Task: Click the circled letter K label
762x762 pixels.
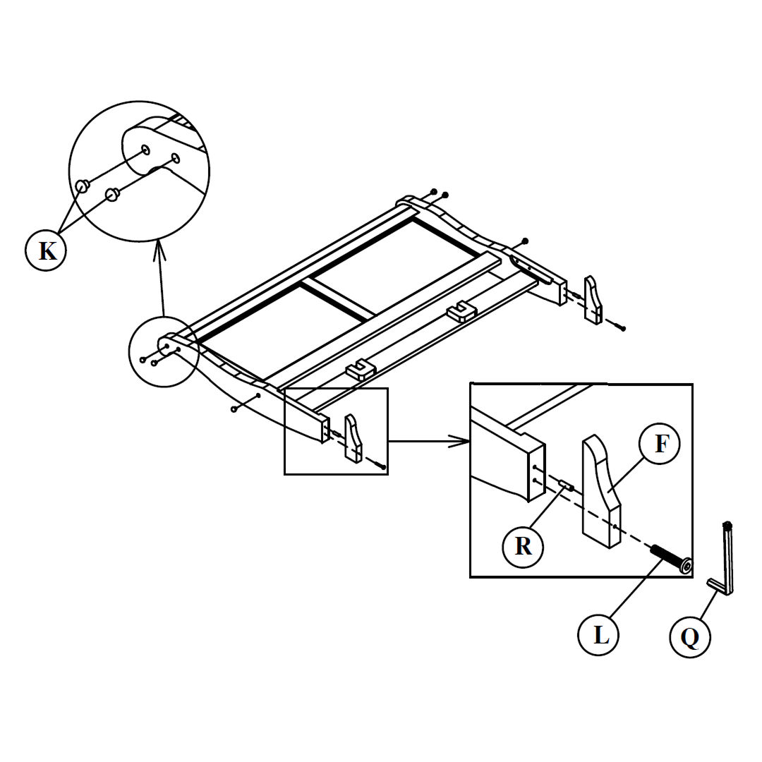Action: coord(46,250)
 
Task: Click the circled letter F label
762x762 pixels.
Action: coord(660,444)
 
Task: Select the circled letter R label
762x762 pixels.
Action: coord(523,545)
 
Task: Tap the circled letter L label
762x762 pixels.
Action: coord(600,635)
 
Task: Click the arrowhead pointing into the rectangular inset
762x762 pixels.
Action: coord(462,442)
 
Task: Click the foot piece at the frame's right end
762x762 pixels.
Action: coord(594,300)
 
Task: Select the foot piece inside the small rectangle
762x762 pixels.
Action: coord(353,439)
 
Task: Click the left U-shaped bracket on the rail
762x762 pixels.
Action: coord(360,370)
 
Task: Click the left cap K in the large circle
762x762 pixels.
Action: coord(82,186)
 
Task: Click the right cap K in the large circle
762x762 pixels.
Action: coord(111,194)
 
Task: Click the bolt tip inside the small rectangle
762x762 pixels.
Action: coord(381,466)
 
